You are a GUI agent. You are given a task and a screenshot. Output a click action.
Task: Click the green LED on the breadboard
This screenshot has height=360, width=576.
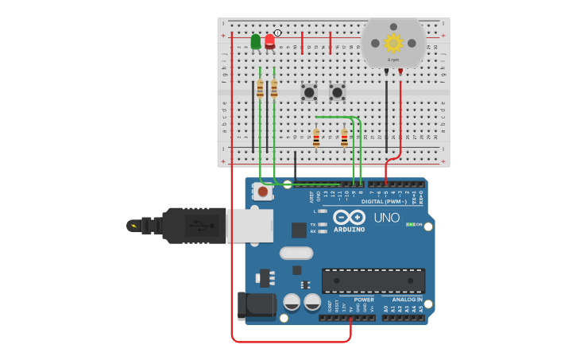[x=256, y=41]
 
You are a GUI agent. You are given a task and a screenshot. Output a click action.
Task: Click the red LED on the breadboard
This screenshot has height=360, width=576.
[x=270, y=41]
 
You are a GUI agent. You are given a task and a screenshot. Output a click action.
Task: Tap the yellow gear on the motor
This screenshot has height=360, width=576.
[x=393, y=42]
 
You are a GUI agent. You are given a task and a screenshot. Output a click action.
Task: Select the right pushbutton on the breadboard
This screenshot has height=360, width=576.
[x=338, y=92]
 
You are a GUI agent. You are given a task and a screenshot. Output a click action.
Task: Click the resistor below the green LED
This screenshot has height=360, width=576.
[x=260, y=88]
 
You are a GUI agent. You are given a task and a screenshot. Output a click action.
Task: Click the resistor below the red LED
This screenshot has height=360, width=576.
[x=274, y=88]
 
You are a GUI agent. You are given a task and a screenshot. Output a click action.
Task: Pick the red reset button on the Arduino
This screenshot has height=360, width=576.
[x=262, y=192]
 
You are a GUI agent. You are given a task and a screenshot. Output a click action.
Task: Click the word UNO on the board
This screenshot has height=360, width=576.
[x=387, y=218]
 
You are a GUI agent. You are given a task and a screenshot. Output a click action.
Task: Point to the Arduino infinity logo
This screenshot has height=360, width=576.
[x=349, y=218]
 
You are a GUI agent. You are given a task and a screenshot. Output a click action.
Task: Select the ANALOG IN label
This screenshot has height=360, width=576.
[x=407, y=300]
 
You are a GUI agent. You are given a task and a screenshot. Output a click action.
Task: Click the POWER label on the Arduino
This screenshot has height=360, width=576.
[x=364, y=300]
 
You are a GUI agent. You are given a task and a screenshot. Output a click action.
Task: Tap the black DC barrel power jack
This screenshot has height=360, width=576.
[x=255, y=306]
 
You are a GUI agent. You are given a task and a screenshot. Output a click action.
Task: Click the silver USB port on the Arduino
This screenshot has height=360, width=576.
[x=249, y=225]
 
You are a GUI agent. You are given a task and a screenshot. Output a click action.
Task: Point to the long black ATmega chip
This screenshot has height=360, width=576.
[x=373, y=281]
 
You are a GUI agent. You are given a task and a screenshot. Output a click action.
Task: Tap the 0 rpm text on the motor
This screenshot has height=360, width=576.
[x=393, y=60]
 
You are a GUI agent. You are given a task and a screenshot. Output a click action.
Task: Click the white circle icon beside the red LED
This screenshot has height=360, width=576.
[x=277, y=33]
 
